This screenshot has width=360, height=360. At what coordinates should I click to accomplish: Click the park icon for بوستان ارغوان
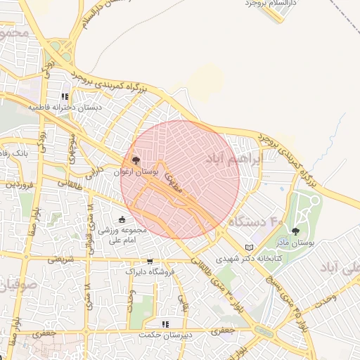click(136, 160)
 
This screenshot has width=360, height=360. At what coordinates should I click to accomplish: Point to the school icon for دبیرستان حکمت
click(165, 324)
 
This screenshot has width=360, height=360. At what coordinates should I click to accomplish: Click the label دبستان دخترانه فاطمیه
click(65, 108)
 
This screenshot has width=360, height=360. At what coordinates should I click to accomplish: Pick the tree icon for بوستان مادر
click(295, 231)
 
